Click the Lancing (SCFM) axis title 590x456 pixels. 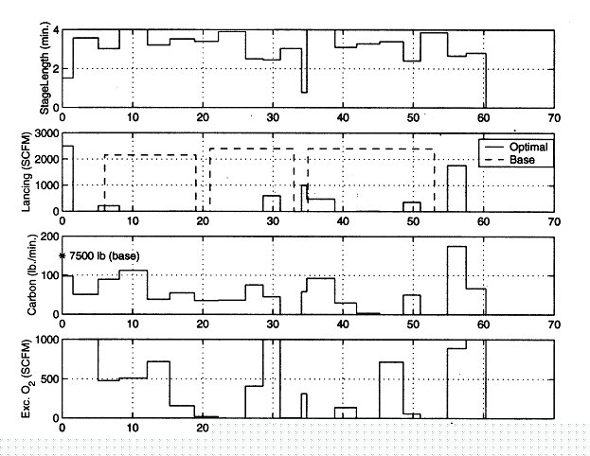click(44, 174)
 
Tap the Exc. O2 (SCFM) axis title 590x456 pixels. click(44, 378)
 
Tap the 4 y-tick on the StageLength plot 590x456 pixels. click(56, 30)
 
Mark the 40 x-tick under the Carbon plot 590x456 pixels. click(343, 323)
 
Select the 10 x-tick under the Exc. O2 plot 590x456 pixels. click(133, 427)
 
